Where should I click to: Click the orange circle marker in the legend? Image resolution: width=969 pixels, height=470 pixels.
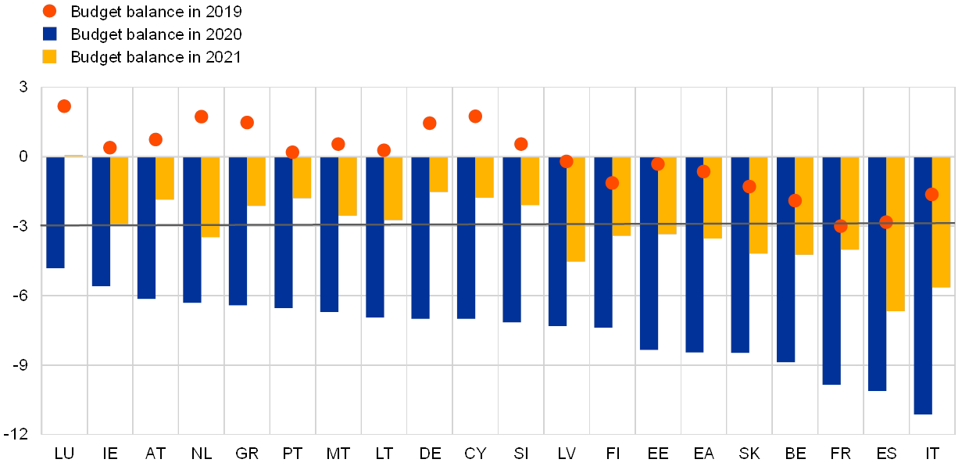[50, 11]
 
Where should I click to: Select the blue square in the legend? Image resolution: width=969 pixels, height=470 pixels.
[50, 34]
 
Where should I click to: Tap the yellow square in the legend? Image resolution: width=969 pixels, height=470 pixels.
[50, 56]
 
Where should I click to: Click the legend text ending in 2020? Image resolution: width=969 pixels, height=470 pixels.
[156, 34]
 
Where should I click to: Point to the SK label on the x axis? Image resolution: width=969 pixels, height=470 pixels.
[749, 454]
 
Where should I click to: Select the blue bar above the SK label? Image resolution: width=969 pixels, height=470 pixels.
[740, 255]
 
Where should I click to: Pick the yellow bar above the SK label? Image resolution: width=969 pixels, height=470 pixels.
[759, 205]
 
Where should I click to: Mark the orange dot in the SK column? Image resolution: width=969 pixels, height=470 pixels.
[749, 186]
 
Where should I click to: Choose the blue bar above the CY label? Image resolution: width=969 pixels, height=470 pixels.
[466, 238]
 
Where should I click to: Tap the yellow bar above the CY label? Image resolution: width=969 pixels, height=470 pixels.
[484, 177]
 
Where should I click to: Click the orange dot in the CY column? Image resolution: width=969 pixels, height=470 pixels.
[475, 117]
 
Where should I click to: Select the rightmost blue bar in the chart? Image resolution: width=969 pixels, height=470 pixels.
[923, 285]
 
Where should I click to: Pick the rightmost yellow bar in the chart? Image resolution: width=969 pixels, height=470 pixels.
[942, 222]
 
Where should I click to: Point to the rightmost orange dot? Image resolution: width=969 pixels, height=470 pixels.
[931, 194]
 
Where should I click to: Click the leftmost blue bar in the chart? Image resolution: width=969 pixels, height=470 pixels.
[55, 212]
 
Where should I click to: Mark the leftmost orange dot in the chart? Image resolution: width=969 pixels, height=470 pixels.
[64, 106]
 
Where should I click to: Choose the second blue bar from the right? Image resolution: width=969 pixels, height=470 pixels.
[877, 274]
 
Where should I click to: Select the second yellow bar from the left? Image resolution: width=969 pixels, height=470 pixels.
[120, 191]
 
